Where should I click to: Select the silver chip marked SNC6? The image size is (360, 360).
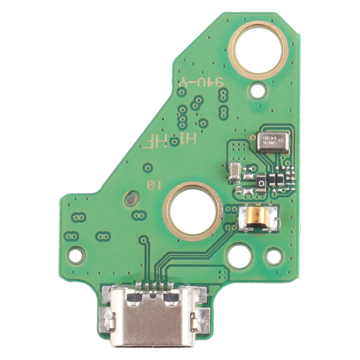point(273,142)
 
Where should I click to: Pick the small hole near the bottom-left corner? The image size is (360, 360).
point(76,255)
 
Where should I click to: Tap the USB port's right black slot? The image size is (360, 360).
point(170,298)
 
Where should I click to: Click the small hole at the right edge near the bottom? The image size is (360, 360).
point(274,257)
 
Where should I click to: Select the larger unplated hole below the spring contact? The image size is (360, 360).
point(239,255)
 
